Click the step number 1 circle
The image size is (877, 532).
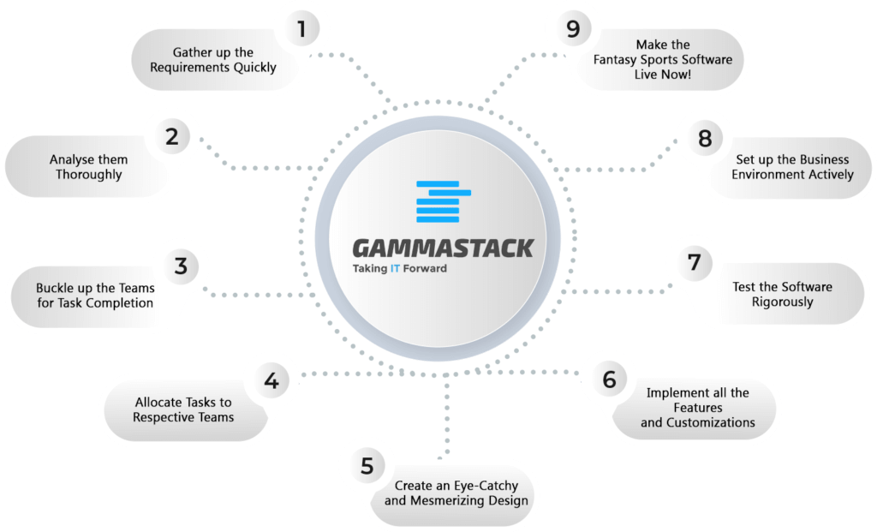[x=302, y=28]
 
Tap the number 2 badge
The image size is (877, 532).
[x=172, y=136]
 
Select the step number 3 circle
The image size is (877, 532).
[x=181, y=266]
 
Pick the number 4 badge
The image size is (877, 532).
[x=271, y=380]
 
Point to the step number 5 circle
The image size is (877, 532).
[x=367, y=465]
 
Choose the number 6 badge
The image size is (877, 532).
[x=609, y=380]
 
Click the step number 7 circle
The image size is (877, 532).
[x=694, y=262]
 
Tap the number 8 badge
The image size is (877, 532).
[x=705, y=138]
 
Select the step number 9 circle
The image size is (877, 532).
[x=573, y=28]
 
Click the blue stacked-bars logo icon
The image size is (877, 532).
[x=444, y=201]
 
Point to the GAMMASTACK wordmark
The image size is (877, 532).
[x=443, y=248]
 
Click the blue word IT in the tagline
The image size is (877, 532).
[x=395, y=268]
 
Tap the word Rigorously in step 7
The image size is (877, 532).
[x=782, y=302]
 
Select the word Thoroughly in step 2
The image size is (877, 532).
[x=88, y=175]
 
